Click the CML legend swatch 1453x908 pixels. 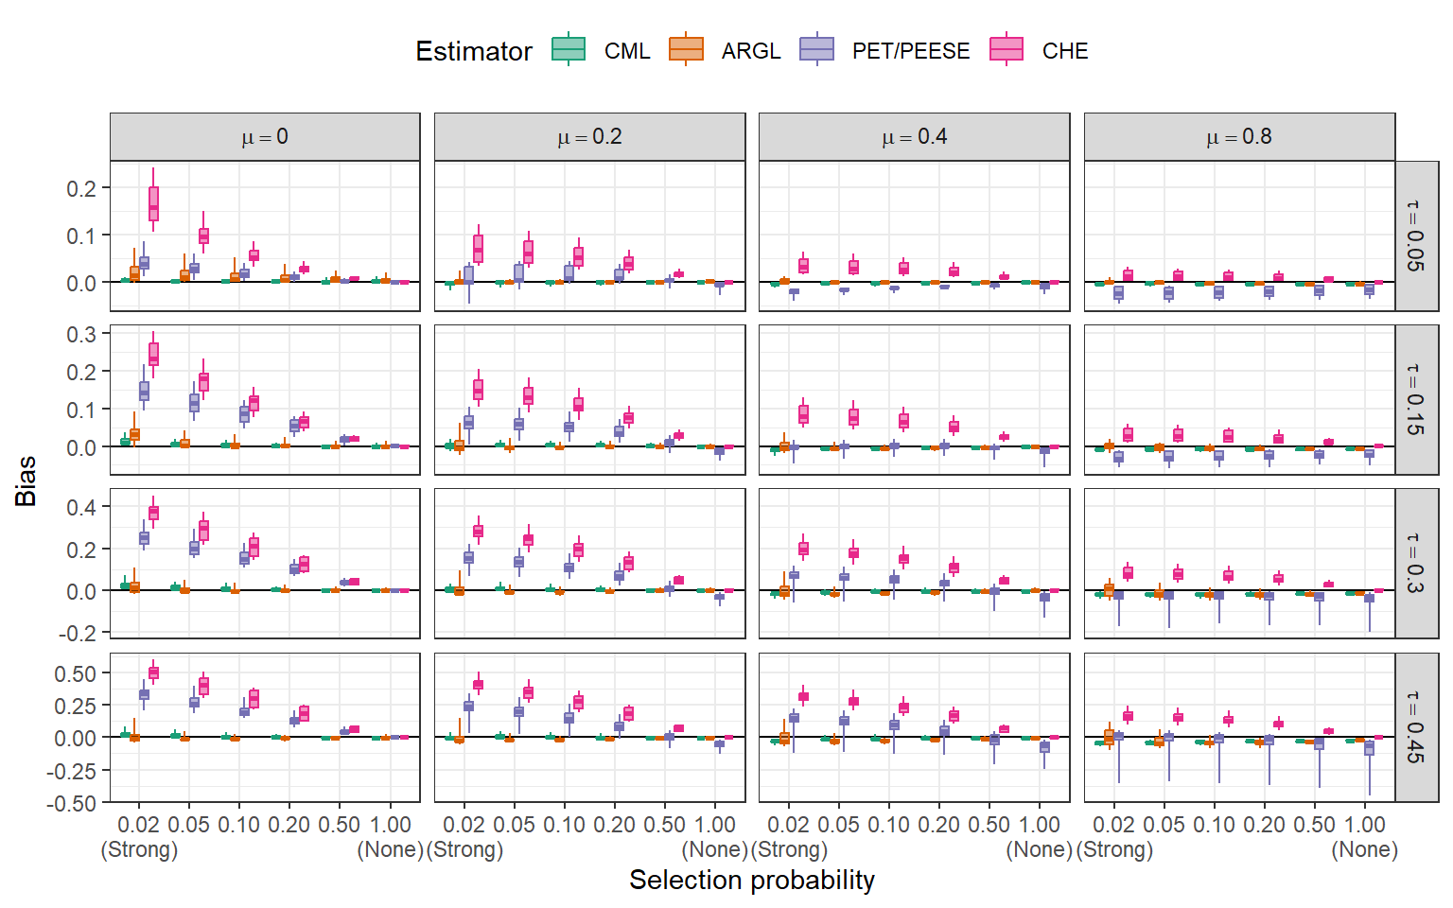coord(569,49)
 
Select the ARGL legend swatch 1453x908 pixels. coord(686,49)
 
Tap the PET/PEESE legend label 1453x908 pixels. coord(910,51)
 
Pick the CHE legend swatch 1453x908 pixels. coord(1007,49)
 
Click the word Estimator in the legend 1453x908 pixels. coord(473,51)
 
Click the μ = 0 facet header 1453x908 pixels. coord(265,137)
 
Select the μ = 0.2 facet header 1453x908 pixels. coord(589,137)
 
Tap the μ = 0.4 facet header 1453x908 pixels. coord(914,137)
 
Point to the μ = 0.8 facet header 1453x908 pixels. coord(1239,137)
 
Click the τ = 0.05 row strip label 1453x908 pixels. coord(1416,236)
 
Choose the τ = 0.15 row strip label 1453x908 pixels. coord(1416,399)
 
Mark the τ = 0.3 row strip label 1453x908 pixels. coord(1416,563)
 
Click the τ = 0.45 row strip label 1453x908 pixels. coord(1416,727)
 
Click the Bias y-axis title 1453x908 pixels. coord(26,480)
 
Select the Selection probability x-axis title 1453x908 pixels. coord(752,880)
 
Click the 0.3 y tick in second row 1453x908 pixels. coord(81,334)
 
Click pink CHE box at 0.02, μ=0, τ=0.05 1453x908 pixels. coord(153,203)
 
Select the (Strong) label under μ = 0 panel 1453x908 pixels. coord(139,849)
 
